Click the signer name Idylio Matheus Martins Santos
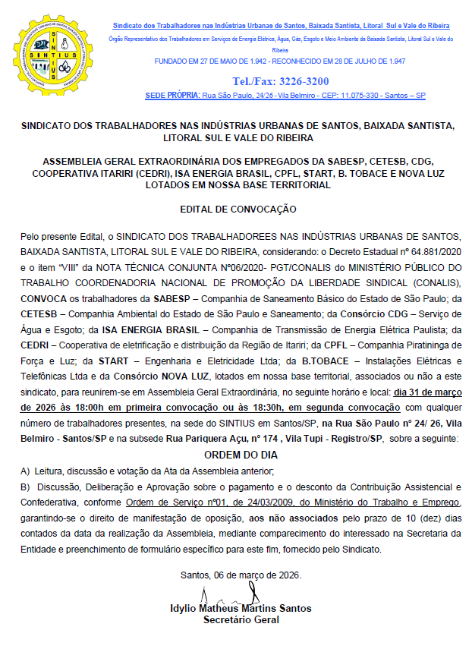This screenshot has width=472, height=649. point(241,609)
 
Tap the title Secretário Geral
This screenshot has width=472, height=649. point(241,619)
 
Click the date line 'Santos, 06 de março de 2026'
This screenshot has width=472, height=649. point(241,575)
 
